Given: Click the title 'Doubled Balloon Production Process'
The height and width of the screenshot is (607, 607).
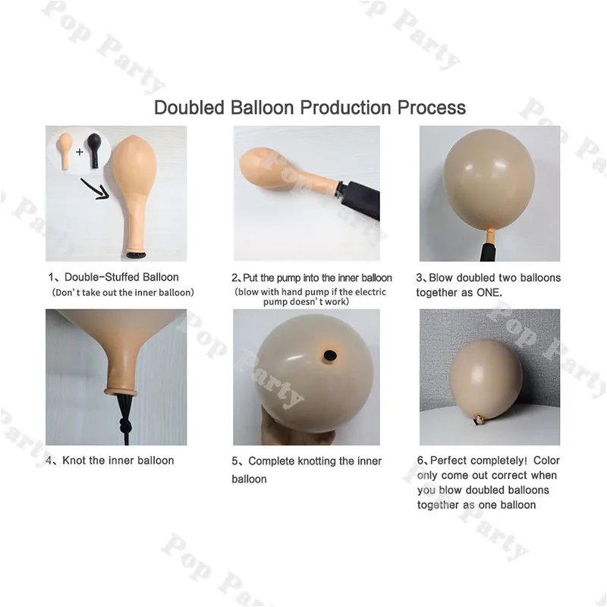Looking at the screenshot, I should (x=310, y=107).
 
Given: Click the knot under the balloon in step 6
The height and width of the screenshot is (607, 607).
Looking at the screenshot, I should (x=480, y=419).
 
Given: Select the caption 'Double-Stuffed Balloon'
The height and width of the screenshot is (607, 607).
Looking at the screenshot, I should (x=121, y=278).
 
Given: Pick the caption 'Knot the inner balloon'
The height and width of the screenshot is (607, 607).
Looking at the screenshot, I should (x=118, y=461).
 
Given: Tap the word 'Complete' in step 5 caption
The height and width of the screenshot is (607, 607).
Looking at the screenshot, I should (x=272, y=461).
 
